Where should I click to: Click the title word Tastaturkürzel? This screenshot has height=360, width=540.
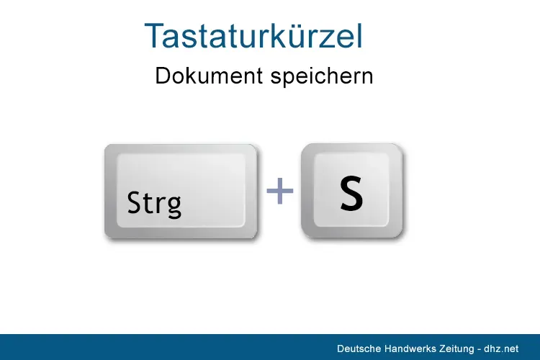pos(253,36)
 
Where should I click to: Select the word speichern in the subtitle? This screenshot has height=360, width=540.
pos(322,76)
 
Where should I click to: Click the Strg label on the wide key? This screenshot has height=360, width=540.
pos(154,204)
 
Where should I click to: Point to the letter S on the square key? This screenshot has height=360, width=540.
pos(351,194)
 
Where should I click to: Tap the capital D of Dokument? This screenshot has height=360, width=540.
pos(162,76)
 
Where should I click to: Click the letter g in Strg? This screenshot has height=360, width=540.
pos(174,207)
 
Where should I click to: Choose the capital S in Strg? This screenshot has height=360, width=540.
pos(134,203)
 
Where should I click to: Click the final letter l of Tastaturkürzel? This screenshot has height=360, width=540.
pos(359,36)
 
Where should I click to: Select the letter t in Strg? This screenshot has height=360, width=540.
pos(147,204)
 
